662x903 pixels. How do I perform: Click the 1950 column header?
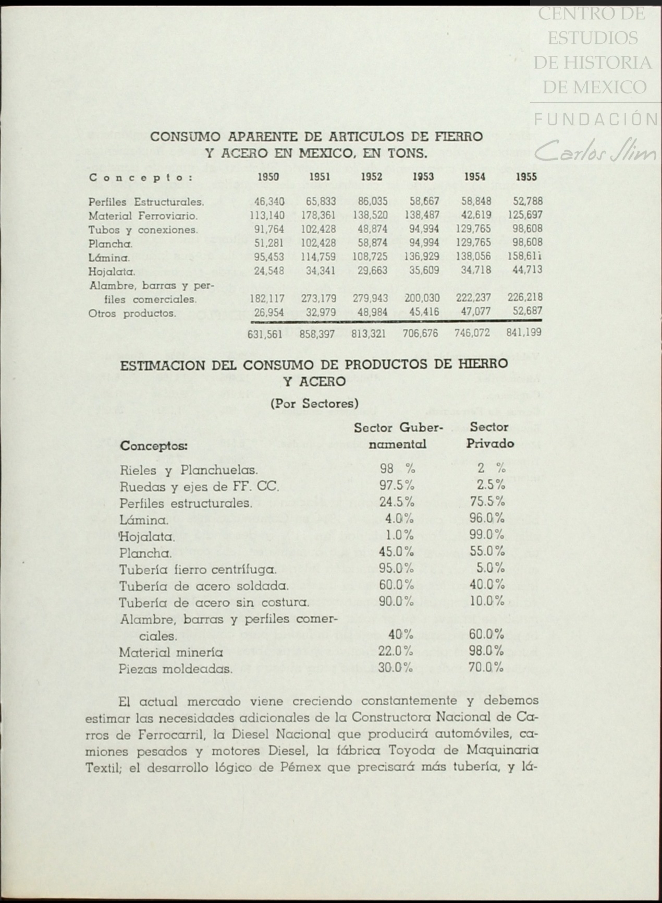click(268, 177)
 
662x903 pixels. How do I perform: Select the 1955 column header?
click(526, 177)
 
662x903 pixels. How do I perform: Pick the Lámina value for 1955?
click(525, 257)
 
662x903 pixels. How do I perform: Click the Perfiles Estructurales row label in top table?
click(146, 202)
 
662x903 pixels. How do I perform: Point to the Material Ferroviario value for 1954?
click(476, 215)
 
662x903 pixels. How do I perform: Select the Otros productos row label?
click(132, 314)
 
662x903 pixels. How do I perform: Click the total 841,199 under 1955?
click(523, 332)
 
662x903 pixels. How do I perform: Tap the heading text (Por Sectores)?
click(314, 403)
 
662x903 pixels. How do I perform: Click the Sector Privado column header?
click(489, 435)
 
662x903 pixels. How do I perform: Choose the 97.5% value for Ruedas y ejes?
click(397, 486)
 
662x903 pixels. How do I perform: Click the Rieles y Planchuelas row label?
click(189, 470)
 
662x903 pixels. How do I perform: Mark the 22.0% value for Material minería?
click(396, 651)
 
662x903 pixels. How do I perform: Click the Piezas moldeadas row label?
click(176, 668)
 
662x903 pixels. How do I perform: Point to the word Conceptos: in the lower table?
click(154, 447)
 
